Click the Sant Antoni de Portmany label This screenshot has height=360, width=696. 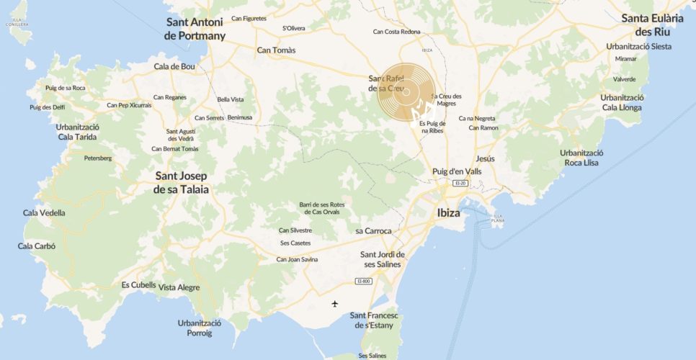[x=195, y=29]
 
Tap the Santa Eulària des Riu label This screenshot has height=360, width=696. [x=653, y=25]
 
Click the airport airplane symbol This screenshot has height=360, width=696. [x=334, y=303]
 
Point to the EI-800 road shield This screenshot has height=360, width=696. [x=363, y=281]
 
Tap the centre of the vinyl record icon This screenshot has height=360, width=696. [x=406, y=92]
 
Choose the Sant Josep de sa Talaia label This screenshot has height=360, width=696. [x=181, y=182]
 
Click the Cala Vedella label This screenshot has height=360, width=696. [x=44, y=212]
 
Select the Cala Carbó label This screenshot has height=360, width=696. [x=37, y=246]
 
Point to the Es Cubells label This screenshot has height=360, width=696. [x=138, y=284]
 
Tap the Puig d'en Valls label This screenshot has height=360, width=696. [x=457, y=171]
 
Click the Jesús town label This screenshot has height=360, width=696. [x=486, y=158]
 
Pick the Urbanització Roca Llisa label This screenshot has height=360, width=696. [x=581, y=158]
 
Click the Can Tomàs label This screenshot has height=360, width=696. [x=277, y=50]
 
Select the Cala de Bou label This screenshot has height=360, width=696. [x=174, y=66]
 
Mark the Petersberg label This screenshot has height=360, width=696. [x=98, y=158]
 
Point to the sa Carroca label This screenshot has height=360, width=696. [x=373, y=231]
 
